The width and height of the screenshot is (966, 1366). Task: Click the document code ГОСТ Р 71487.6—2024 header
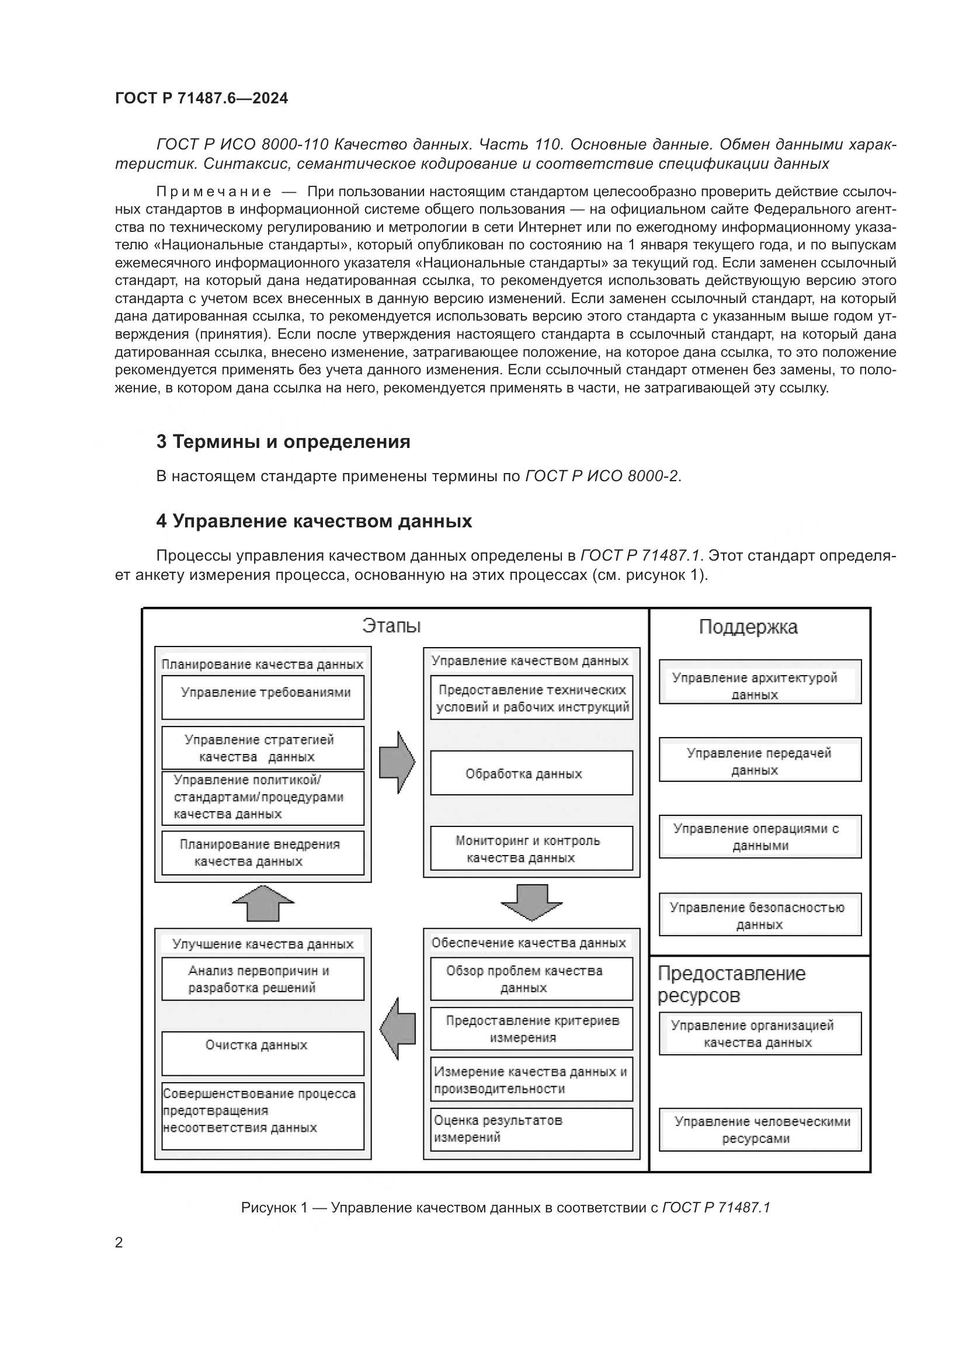tap(201, 98)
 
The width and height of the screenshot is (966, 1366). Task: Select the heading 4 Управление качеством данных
tap(314, 521)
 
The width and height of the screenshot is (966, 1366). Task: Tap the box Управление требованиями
tap(263, 697)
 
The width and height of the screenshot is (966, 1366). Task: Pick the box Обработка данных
tap(531, 773)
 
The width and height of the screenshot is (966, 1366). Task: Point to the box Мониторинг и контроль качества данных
tap(531, 849)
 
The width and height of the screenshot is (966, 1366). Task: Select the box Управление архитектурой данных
tap(760, 682)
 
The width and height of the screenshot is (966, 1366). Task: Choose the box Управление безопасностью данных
tap(760, 915)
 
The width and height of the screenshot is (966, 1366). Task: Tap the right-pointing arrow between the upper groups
tap(397, 762)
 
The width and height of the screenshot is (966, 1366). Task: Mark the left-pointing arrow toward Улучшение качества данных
tap(397, 1028)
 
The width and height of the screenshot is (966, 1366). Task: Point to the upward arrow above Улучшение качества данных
tap(263, 903)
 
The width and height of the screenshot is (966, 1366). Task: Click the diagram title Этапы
tap(391, 626)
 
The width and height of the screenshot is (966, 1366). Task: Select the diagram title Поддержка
tap(748, 627)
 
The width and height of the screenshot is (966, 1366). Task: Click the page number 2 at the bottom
tap(119, 1242)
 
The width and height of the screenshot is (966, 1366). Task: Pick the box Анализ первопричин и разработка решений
tap(263, 979)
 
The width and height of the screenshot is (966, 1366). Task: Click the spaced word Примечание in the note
tap(214, 192)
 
